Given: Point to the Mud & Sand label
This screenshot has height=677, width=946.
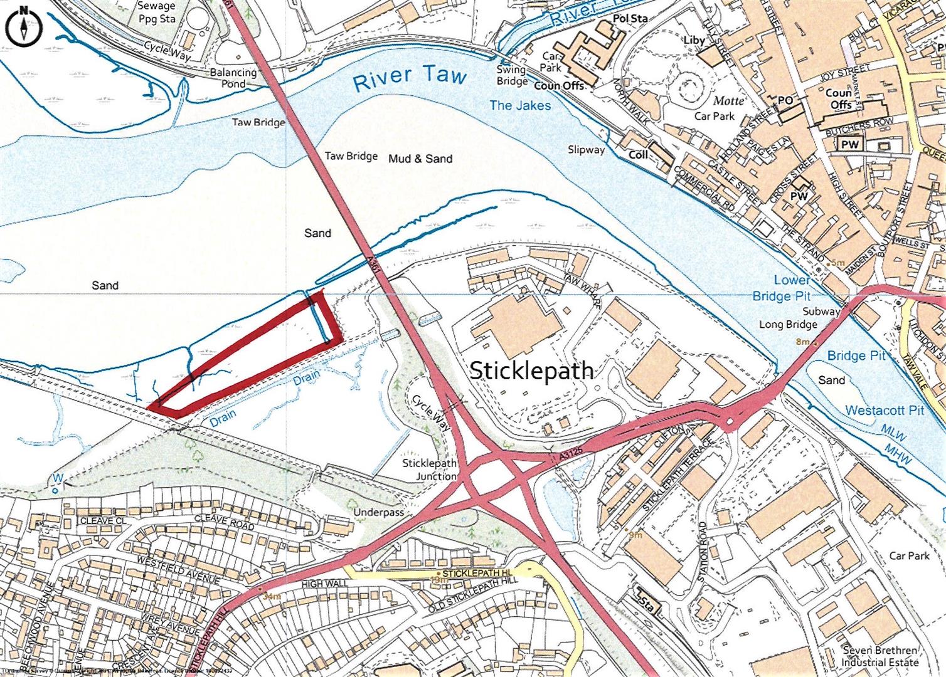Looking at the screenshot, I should (x=420, y=159).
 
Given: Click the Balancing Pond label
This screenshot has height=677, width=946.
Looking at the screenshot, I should (x=233, y=78).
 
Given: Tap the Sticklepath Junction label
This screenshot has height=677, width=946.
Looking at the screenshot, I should (x=430, y=470).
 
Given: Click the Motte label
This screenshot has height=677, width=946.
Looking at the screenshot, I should (x=728, y=100).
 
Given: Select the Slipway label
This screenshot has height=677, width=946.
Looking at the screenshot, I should (x=586, y=150).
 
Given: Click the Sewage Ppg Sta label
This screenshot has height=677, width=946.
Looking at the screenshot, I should (x=157, y=12).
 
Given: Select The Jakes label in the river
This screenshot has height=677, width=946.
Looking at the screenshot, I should (x=519, y=105).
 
